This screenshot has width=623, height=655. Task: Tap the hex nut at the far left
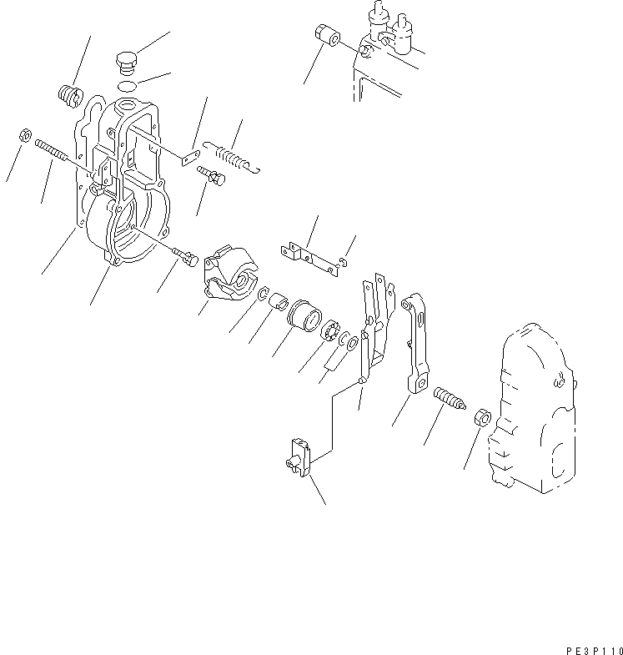(25, 134)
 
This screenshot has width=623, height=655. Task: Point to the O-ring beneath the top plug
(127, 87)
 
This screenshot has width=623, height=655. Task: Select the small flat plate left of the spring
(190, 156)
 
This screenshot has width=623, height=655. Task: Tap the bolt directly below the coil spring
(209, 176)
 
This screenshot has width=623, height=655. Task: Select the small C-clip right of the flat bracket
(343, 265)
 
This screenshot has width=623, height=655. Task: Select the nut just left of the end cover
(481, 416)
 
